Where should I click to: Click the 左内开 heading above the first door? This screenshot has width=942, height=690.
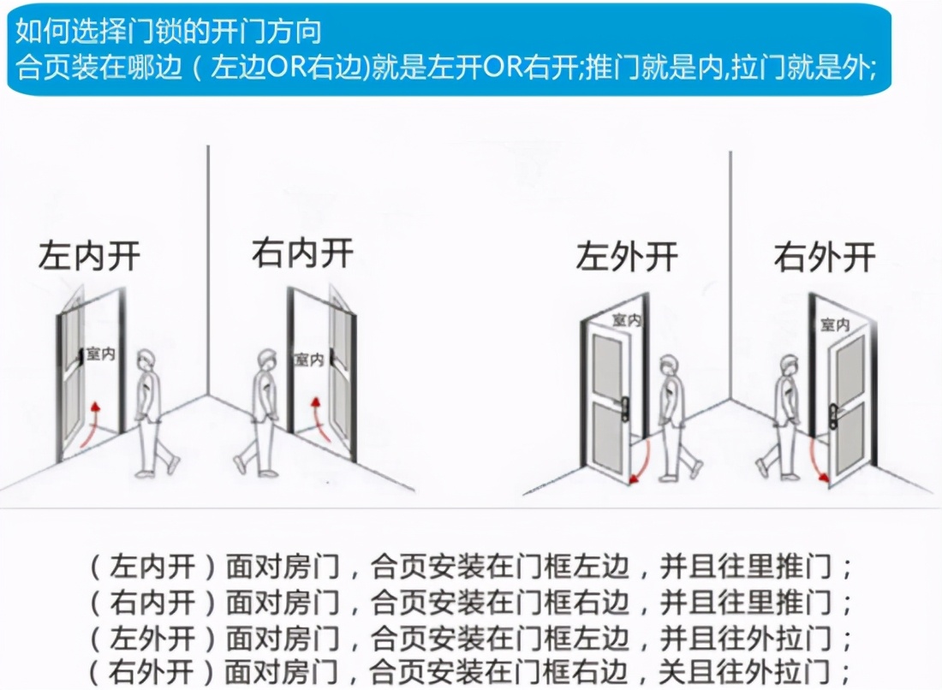coord(90,256)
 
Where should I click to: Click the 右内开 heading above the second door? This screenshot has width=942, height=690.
coord(302,254)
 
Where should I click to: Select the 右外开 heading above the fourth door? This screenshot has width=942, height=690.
coord(825,257)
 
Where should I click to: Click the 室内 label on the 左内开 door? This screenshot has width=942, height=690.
coord(100,354)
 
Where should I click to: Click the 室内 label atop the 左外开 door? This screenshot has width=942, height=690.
coord(626,319)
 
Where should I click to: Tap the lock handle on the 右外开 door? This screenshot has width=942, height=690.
coord(832,416)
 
